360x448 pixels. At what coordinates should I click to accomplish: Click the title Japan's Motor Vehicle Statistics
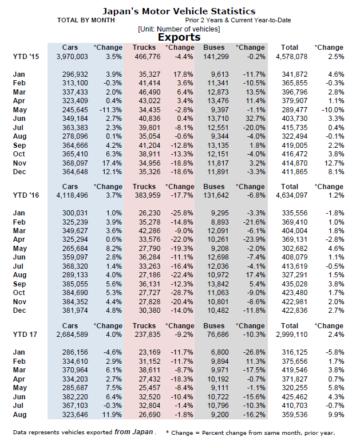179,11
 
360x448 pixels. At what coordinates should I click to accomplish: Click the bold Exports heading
179,37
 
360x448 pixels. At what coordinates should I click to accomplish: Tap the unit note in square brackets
179,29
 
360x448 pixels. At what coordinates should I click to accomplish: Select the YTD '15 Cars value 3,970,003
72,56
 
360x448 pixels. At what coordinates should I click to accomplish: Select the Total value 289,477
294,109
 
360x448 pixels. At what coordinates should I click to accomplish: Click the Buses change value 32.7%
254,117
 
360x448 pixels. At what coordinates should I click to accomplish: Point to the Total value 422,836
294,310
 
